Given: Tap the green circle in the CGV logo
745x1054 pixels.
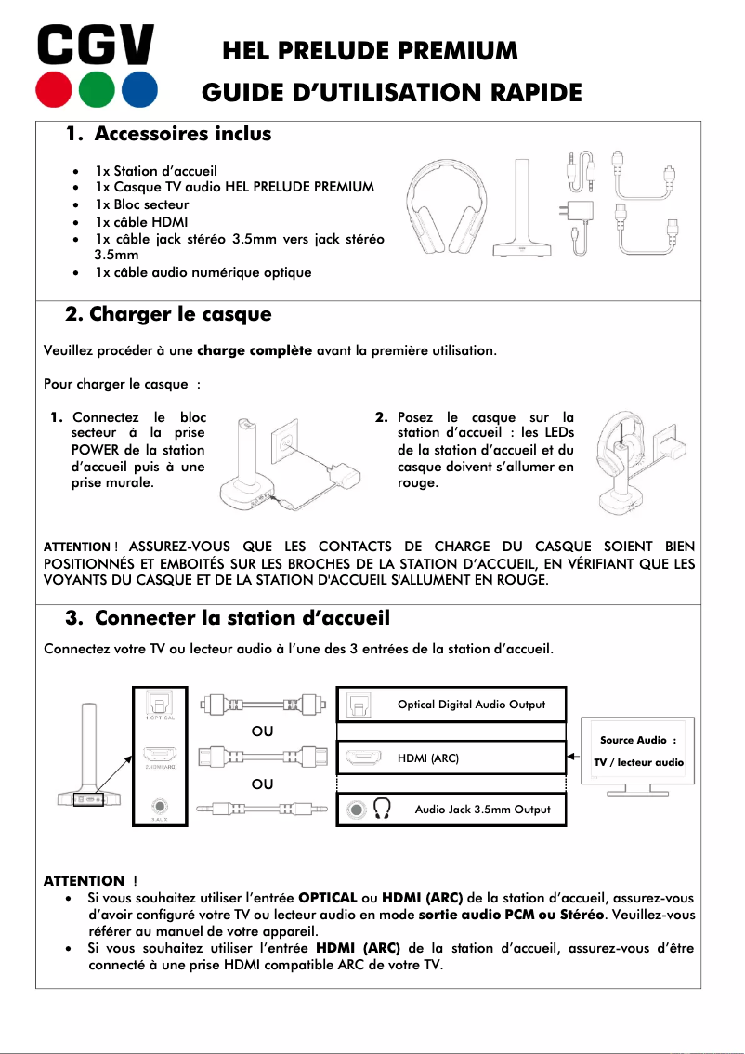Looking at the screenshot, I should (x=96, y=89).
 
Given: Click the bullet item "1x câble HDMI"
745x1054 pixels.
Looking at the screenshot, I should (x=141, y=221).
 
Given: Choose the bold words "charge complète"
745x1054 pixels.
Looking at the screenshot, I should (x=255, y=351).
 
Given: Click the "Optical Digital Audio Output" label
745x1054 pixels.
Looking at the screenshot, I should (x=471, y=705).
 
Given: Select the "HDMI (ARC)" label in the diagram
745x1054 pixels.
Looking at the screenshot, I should (x=428, y=758).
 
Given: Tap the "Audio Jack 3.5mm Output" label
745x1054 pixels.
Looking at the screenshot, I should (x=482, y=810).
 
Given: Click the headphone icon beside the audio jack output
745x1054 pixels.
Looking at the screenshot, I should (x=382, y=810).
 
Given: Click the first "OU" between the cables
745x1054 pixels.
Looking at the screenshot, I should (x=263, y=731).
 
